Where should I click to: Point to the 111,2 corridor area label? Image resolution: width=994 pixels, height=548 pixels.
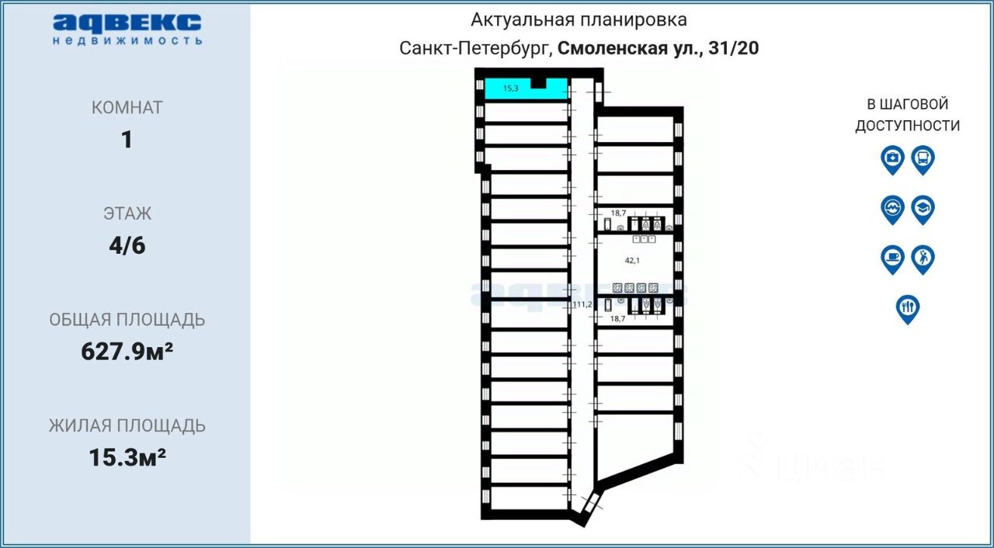pyautogui.click(x=582, y=304)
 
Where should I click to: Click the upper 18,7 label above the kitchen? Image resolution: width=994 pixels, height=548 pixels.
pyautogui.click(x=618, y=213)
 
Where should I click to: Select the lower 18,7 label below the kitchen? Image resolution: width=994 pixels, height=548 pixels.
pyautogui.click(x=618, y=318)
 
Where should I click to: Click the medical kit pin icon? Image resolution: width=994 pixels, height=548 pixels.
pyautogui.click(x=892, y=159)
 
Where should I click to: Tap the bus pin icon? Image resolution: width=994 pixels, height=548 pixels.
pyautogui.click(x=923, y=159)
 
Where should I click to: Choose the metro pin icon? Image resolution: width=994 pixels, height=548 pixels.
pyautogui.click(x=892, y=209)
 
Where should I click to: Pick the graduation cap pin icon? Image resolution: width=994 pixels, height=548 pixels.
pyautogui.click(x=923, y=209)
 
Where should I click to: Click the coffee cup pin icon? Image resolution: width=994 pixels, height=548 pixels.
pyautogui.click(x=892, y=258)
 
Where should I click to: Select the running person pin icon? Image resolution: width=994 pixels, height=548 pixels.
pyautogui.click(x=923, y=258)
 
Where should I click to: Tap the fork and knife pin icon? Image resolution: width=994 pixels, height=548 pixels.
pyautogui.click(x=907, y=308)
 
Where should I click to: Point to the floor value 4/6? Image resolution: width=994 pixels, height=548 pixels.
pyautogui.click(x=127, y=246)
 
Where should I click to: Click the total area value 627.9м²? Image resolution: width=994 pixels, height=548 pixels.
pyautogui.click(x=127, y=352)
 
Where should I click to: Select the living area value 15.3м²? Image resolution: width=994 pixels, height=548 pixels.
pyautogui.click(x=127, y=458)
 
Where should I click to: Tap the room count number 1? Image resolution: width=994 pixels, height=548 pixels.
pyautogui.click(x=127, y=140)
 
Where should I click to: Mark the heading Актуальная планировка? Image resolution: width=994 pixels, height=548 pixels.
pyautogui.click(x=579, y=19)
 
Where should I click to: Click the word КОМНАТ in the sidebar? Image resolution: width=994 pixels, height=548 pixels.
pyautogui.click(x=127, y=108)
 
